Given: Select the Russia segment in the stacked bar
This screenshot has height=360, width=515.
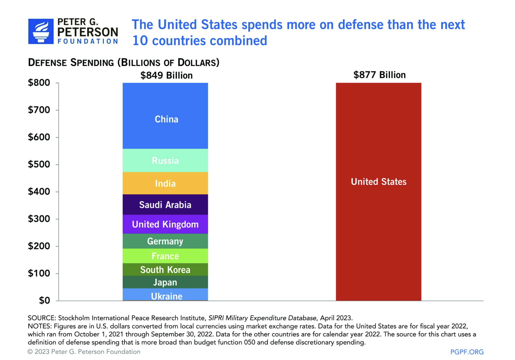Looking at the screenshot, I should point(165,161).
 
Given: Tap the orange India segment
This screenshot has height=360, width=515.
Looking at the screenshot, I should point(165,183).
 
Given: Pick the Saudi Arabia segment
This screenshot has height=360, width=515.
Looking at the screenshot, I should point(165,205).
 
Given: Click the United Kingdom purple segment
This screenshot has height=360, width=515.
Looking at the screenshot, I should point(165,224).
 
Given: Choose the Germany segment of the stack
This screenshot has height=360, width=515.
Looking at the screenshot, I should point(165,241).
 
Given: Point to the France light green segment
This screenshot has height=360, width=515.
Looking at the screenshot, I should point(165,256).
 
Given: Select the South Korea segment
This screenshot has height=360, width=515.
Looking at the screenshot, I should point(165,270).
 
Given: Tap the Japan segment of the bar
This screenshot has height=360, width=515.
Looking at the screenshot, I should point(165,282).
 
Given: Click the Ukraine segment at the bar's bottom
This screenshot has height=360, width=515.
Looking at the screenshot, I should point(165,295).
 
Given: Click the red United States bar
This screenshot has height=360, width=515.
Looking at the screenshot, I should point(378,191).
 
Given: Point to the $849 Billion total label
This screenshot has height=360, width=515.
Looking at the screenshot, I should point(166,75).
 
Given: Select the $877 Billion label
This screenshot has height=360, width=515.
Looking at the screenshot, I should point(379,75).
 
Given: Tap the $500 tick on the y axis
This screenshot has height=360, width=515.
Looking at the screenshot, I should point(39,164).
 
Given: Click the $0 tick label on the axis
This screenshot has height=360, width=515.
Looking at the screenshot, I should point(44,301).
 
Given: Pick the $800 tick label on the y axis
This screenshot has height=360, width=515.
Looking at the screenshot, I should point(39,83).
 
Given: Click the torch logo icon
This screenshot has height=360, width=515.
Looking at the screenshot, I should point(41,31).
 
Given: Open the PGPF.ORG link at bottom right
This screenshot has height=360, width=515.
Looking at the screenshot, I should point(467,352).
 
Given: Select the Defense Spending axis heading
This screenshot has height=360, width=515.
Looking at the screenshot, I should point(124,62).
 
